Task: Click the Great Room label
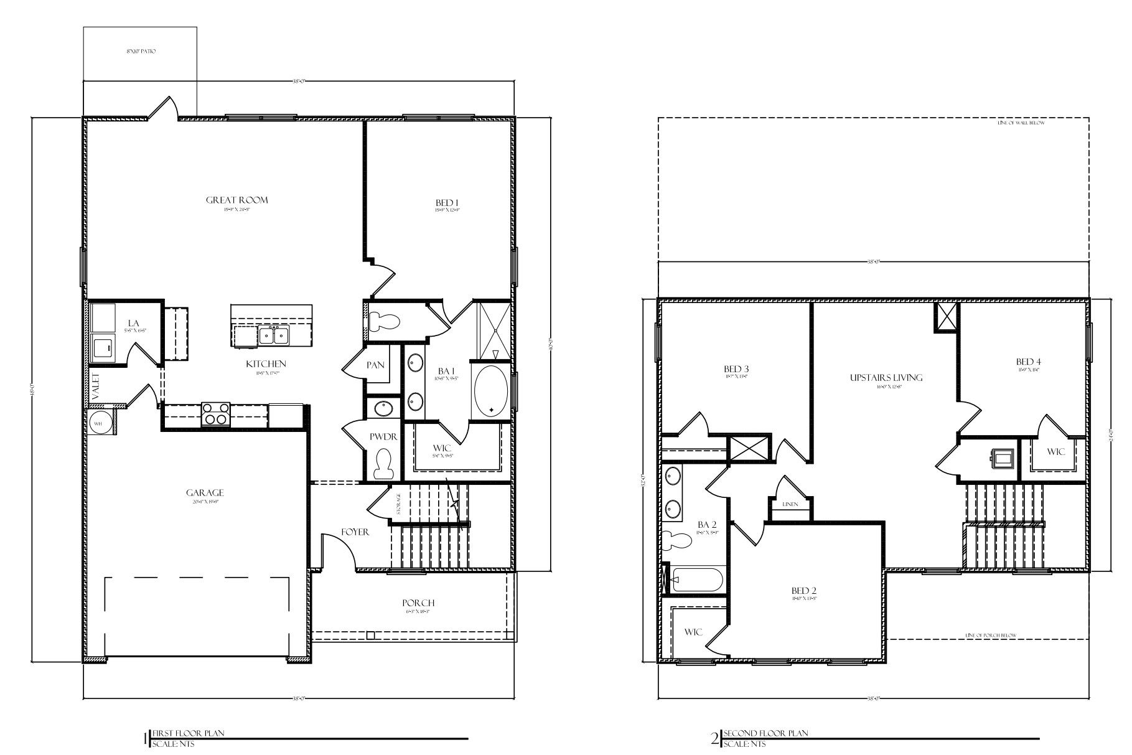pyautogui.click(x=236, y=200)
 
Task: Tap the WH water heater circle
pyautogui.click(x=98, y=423)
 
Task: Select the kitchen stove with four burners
pyautogui.click(x=216, y=415)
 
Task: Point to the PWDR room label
pyautogui.click(x=383, y=437)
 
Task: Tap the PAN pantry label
pyautogui.click(x=375, y=365)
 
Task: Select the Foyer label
pyautogui.click(x=355, y=532)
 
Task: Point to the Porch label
pyautogui.click(x=418, y=603)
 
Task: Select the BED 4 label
pyautogui.click(x=1028, y=362)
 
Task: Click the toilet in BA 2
pyautogui.click(x=675, y=540)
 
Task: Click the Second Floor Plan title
pyautogui.click(x=765, y=733)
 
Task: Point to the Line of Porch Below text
pyautogui.click(x=991, y=635)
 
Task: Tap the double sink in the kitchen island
pyautogui.click(x=273, y=336)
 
